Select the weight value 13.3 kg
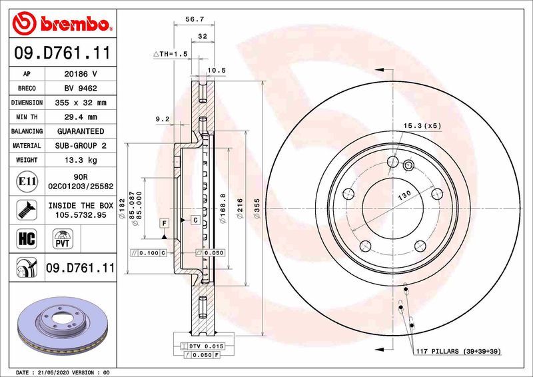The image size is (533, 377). (80, 160)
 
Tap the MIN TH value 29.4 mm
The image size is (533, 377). (80, 117)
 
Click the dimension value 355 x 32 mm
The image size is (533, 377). (80, 103)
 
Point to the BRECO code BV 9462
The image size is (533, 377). (80, 88)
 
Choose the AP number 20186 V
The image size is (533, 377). (80, 74)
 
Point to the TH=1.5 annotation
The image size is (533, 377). (171, 53)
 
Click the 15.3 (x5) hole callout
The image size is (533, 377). (421, 125)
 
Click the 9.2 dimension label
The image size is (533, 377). (163, 119)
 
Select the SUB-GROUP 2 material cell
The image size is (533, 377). (80, 145)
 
